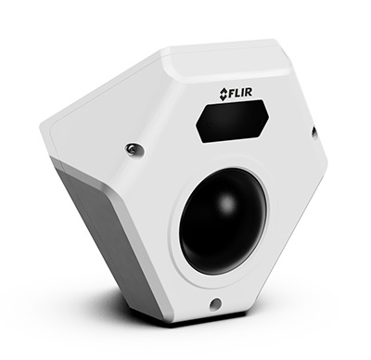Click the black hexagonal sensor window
(233, 122)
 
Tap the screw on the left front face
(133, 148)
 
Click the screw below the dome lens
(215, 303)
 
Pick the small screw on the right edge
(315, 132)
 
